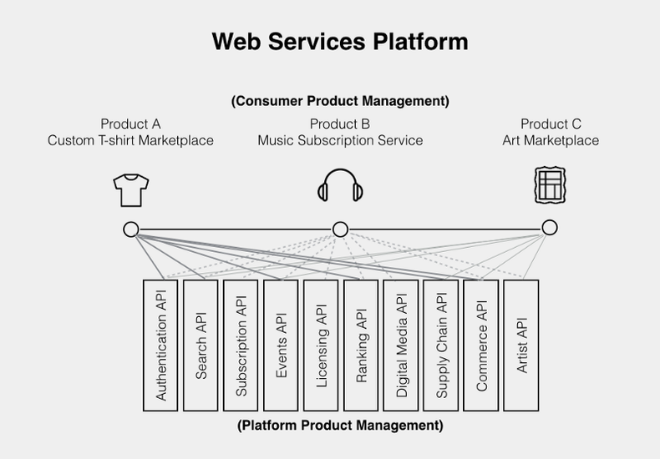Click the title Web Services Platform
(339, 41)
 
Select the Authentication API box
(160, 345)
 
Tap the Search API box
(201, 345)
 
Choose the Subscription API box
(241, 345)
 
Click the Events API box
(281, 345)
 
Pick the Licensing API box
(321, 345)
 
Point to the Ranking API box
(361, 345)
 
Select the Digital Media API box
(401, 345)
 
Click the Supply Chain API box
(441, 345)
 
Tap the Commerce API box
(481, 345)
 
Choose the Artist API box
(521, 345)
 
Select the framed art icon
(548, 185)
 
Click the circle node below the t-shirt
(130, 229)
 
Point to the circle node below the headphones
(340, 229)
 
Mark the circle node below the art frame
(549, 228)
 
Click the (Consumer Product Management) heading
(340, 101)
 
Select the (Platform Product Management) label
(340, 425)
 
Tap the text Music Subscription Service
(340, 140)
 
